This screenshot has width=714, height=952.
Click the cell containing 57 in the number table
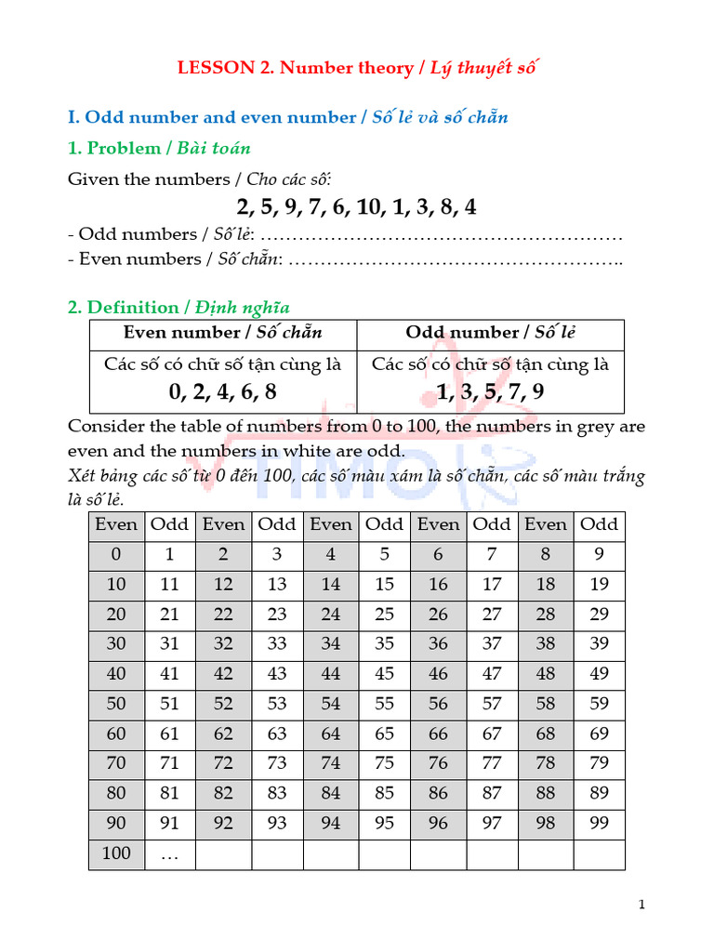click(492, 704)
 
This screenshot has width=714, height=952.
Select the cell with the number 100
click(116, 853)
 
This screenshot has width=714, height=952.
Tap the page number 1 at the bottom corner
click(641, 905)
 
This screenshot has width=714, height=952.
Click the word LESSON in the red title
click(215, 68)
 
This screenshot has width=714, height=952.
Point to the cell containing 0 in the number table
click(116, 555)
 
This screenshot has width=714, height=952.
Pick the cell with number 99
click(599, 823)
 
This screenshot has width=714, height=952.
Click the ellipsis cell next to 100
click(169, 853)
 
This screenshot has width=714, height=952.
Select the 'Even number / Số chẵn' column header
click(223, 333)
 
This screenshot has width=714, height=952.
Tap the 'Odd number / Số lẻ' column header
click(490, 333)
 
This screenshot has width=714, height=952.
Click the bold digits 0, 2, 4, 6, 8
click(223, 391)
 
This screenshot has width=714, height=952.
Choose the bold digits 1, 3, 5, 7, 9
click(490, 391)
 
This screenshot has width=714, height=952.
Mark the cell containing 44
click(331, 674)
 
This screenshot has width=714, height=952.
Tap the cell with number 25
click(384, 615)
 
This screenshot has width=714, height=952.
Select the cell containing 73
click(277, 763)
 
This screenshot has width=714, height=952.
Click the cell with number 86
click(438, 793)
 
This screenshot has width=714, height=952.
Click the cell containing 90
click(116, 823)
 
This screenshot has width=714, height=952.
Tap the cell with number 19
click(599, 585)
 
